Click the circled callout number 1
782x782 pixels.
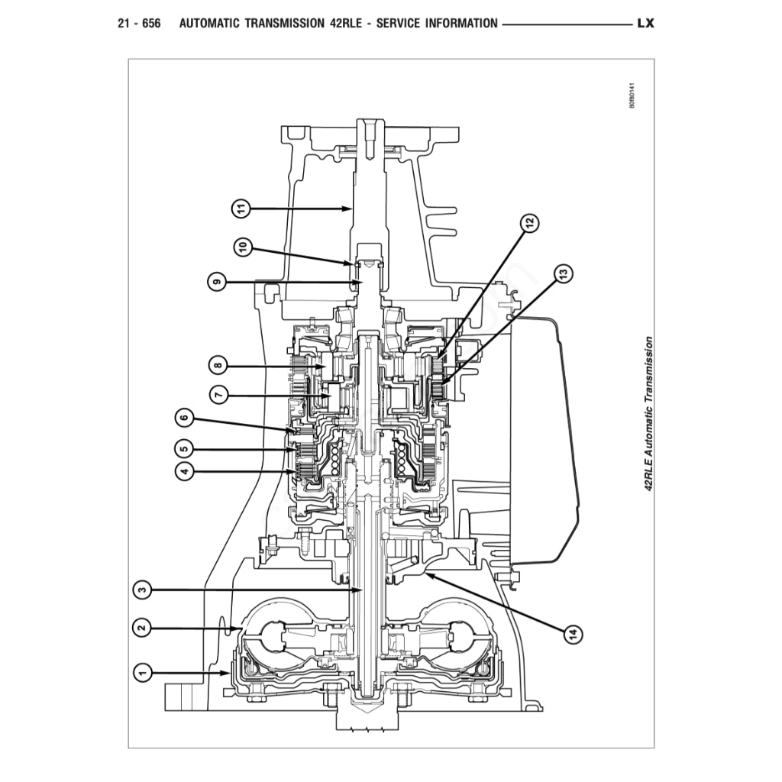(141, 673)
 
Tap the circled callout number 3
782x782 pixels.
(141, 590)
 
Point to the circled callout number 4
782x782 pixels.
(183, 472)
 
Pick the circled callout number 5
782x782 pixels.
(183, 448)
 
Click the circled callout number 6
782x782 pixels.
(183, 418)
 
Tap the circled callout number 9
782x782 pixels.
(218, 282)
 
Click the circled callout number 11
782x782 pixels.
(241, 207)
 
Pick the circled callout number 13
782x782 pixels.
(563, 273)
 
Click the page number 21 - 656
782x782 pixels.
(139, 23)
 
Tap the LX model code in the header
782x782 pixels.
(645, 23)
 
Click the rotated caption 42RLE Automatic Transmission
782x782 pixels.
(649, 416)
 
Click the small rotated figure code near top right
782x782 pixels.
(632, 97)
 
